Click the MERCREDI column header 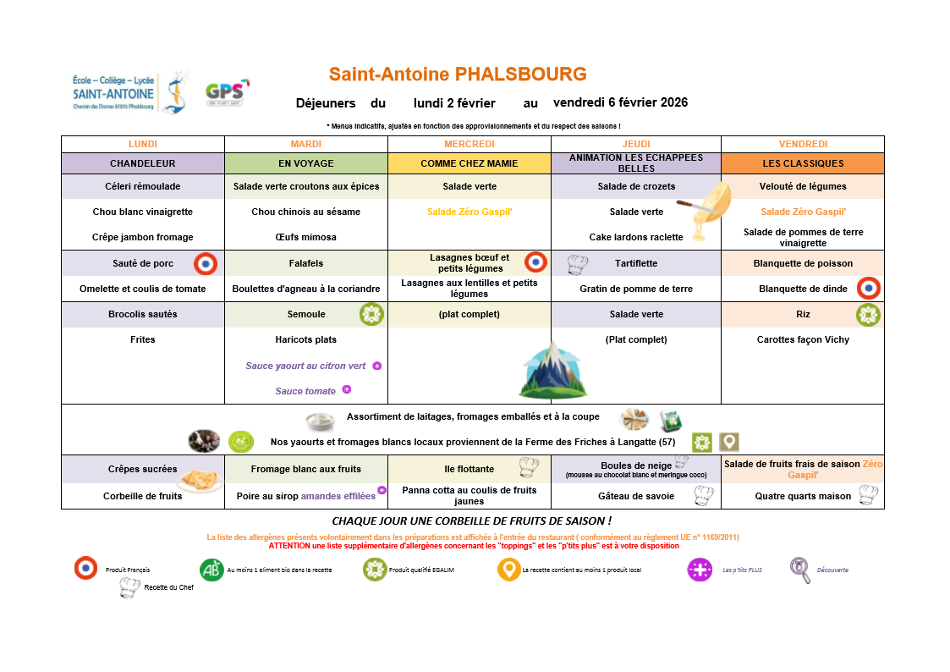[x=469, y=144]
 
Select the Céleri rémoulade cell [x=142, y=186]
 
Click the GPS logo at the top [x=227, y=92]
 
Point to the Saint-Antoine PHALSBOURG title [x=458, y=74]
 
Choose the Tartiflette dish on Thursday [x=636, y=263]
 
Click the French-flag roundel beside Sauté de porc [x=206, y=264]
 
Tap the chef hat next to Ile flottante [x=529, y=466]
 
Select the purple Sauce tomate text [x=305, y=391]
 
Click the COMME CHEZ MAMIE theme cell [x=469, y=163]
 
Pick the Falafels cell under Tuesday [x=305, y=263]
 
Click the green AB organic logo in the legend [x=211, y=570]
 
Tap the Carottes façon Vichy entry [x=803, y=339]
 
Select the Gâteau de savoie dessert [x=635, y=496]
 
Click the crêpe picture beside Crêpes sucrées [x=200, y=480]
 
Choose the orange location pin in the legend [x=508, y=570]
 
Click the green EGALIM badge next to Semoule [x=371, y=315]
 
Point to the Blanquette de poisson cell [x=803, y=263]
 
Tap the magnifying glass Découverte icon [x=799, y=570]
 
